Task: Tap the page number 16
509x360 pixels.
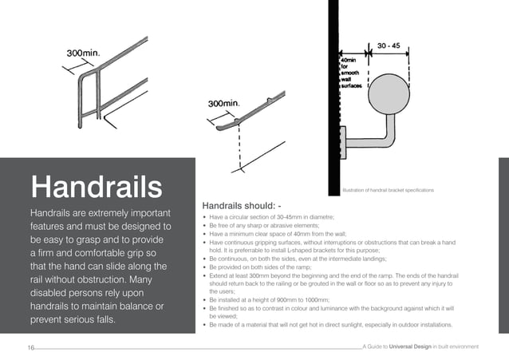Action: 31,347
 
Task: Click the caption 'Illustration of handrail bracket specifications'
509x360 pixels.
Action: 388,190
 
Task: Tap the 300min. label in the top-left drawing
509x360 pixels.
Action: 83,53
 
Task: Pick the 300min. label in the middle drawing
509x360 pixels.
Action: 224,104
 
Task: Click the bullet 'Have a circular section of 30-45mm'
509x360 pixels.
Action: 271,217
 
